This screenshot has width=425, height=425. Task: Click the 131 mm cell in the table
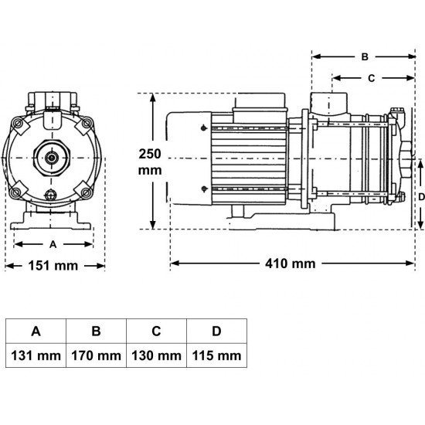[x=36, y=355]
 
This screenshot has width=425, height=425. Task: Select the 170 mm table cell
[x=97, y=355]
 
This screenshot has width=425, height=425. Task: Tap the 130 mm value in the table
[x=156, y=355]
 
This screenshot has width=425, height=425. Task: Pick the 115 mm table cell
[x=216, y=355]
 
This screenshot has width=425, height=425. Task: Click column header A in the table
[x=36, y=331]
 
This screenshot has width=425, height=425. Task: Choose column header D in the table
[x=216, y=331]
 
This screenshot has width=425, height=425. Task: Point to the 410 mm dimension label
[x=291, y=263]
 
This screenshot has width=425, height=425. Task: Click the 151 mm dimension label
[x=53, y=266]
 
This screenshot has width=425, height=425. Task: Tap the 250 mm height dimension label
[x=150, y=162]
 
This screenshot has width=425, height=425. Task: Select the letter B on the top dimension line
[x=365, y=57]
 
